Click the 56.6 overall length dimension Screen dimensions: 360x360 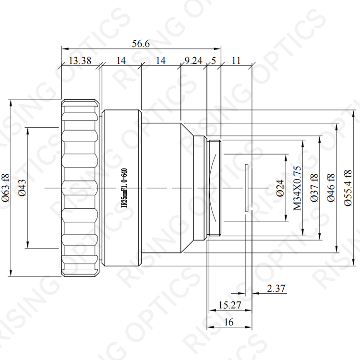click(x=141, y=43)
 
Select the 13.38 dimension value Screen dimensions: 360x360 click(x=80, y=60)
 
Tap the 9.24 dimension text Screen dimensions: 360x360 click(x=193, y=60)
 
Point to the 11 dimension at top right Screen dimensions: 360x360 click(x=236, y=60)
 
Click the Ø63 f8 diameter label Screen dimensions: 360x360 click(x=6, y=188)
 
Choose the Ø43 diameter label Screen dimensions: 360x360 click(x=23, y=188)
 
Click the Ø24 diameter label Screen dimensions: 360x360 click(x=280, y=188)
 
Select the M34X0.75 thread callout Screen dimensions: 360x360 click(x=297, y=188)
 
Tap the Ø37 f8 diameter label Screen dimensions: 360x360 click(x=314, y=188)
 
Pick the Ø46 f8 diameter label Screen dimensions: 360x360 click(x=331, y=188)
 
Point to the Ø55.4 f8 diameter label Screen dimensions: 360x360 click(x=348, y=188)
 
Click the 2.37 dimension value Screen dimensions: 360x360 click(x=276, y=288)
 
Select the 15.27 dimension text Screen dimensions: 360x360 click(x=229, y=305)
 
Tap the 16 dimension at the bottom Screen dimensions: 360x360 click(x=228, y=322)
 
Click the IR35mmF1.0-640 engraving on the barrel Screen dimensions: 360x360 click(x=124, y=188)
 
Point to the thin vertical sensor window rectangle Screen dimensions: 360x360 click(x=247, y=188)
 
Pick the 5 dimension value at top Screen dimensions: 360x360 click(x=214, y=60)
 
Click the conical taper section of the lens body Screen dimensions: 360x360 click(x=187, y=188)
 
